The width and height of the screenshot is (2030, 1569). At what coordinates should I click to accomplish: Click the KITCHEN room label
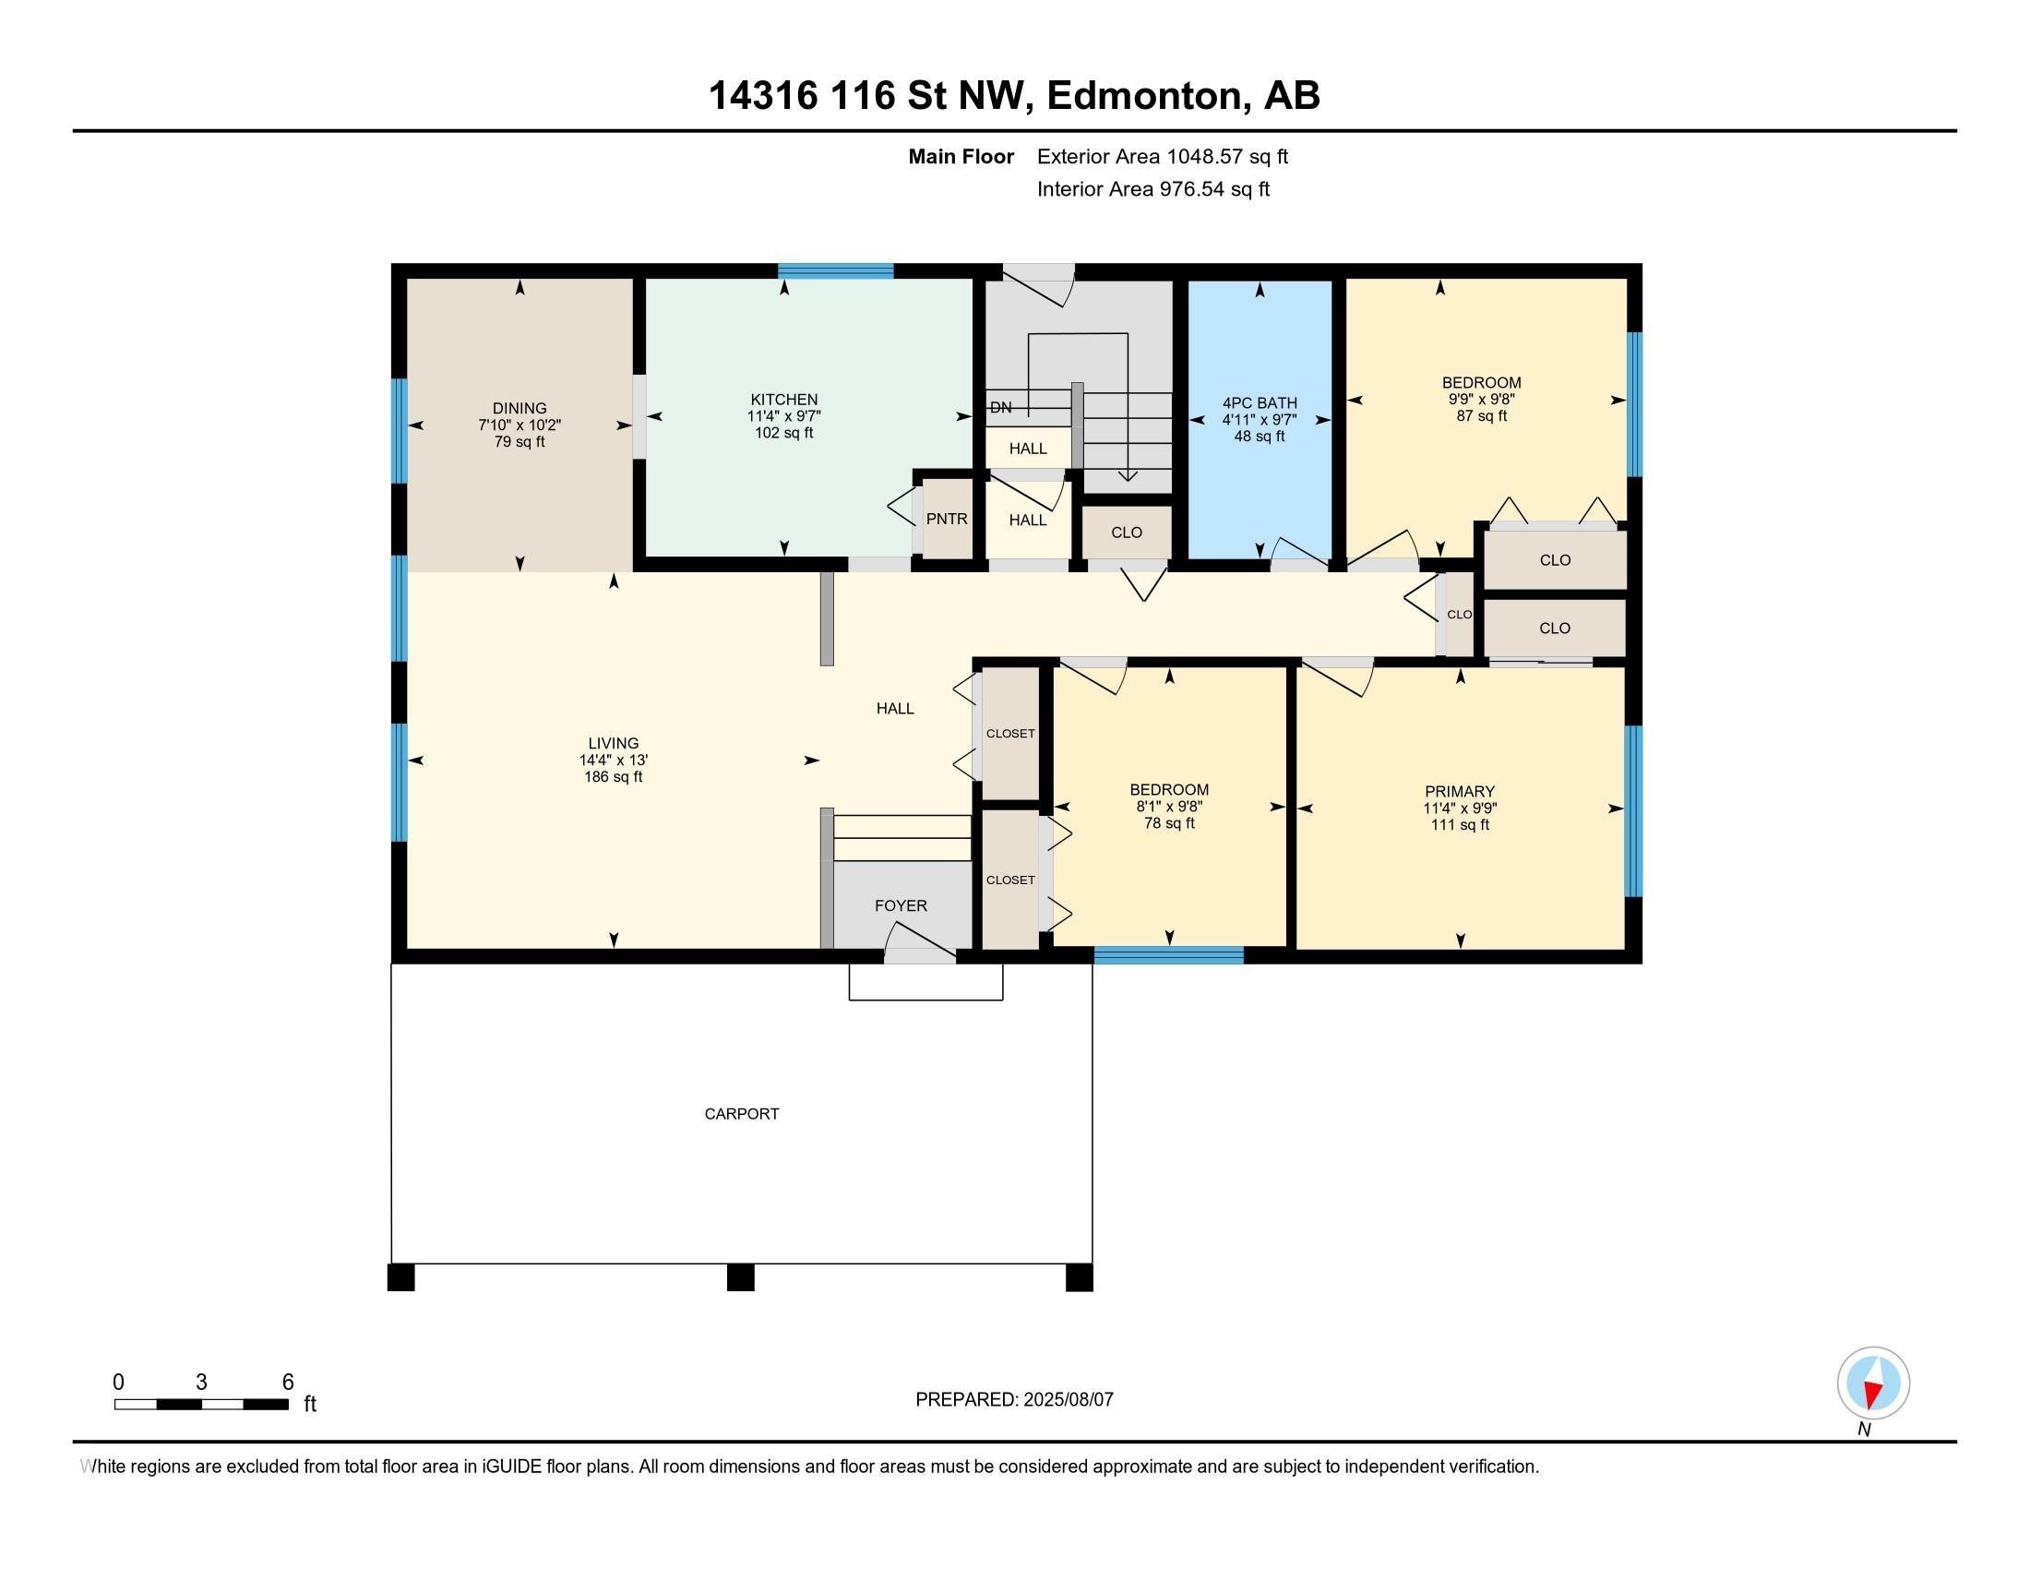click(x=784, y=400)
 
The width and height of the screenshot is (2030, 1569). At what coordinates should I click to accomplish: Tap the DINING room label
click(x=519, y=408)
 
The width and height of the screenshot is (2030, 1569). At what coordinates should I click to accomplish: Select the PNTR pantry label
click(x=946, y=519)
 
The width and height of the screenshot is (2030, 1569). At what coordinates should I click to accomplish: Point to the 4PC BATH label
click(x=1260, y=402)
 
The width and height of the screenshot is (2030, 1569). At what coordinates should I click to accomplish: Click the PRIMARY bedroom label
click(x=1460, y=792)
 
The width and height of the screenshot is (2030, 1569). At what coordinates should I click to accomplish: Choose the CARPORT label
click(x=742, y=1114)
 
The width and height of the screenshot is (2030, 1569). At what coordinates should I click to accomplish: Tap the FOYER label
click(x=901, y=905)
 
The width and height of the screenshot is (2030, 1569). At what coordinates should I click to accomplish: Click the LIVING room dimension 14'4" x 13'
click(x=614, y=761)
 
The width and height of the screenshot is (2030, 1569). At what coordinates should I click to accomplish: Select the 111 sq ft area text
click(x=1461, y=824)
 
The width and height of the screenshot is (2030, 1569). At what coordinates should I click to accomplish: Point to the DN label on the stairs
click(x=1001, y=407)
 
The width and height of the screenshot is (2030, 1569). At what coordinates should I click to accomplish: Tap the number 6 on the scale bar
click(x=288, y=1382)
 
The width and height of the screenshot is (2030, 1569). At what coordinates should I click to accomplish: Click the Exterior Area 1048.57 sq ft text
click(x=1163, y=156)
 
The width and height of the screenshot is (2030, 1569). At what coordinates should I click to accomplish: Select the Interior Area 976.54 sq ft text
click(x=1153, y=188)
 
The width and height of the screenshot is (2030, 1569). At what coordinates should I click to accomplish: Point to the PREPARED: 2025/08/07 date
click(x=1014, y=1399)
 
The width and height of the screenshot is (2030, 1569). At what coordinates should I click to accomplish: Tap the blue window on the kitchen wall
click(x=836, y=271)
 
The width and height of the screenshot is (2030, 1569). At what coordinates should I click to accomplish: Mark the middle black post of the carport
click(x=740, y=1277)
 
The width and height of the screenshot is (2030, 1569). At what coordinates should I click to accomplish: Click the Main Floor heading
click(x=961, y=156)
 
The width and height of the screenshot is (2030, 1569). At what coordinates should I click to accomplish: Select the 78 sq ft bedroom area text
click(x=1169, y=822)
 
